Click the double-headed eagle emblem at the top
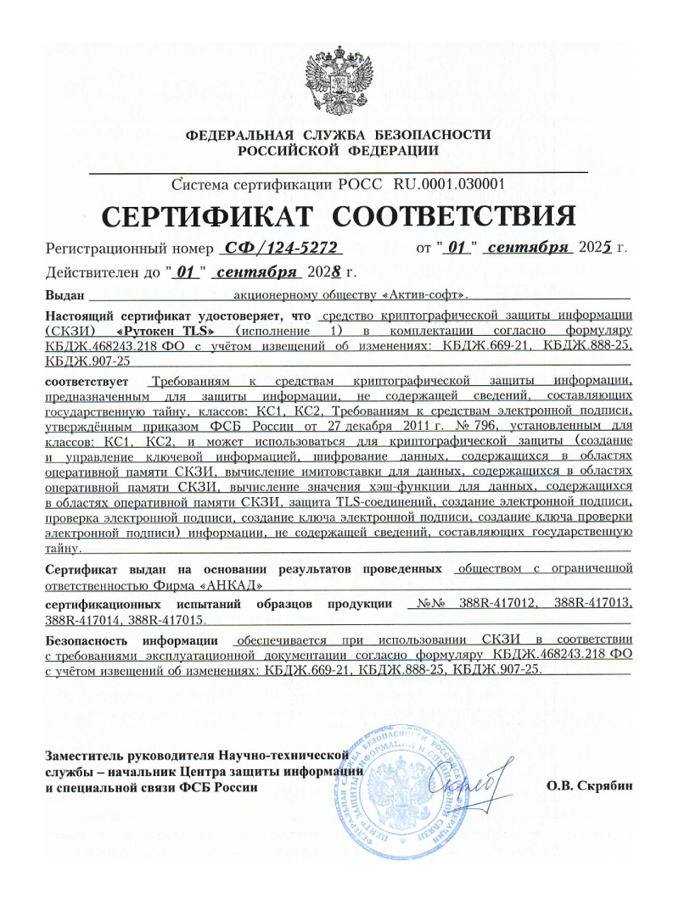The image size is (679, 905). tap(339, 83)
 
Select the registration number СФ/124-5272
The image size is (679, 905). tap(278, 248)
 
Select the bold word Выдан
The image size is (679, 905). tap(63, 295)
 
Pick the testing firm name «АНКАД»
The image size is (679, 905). tap(234, 585)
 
